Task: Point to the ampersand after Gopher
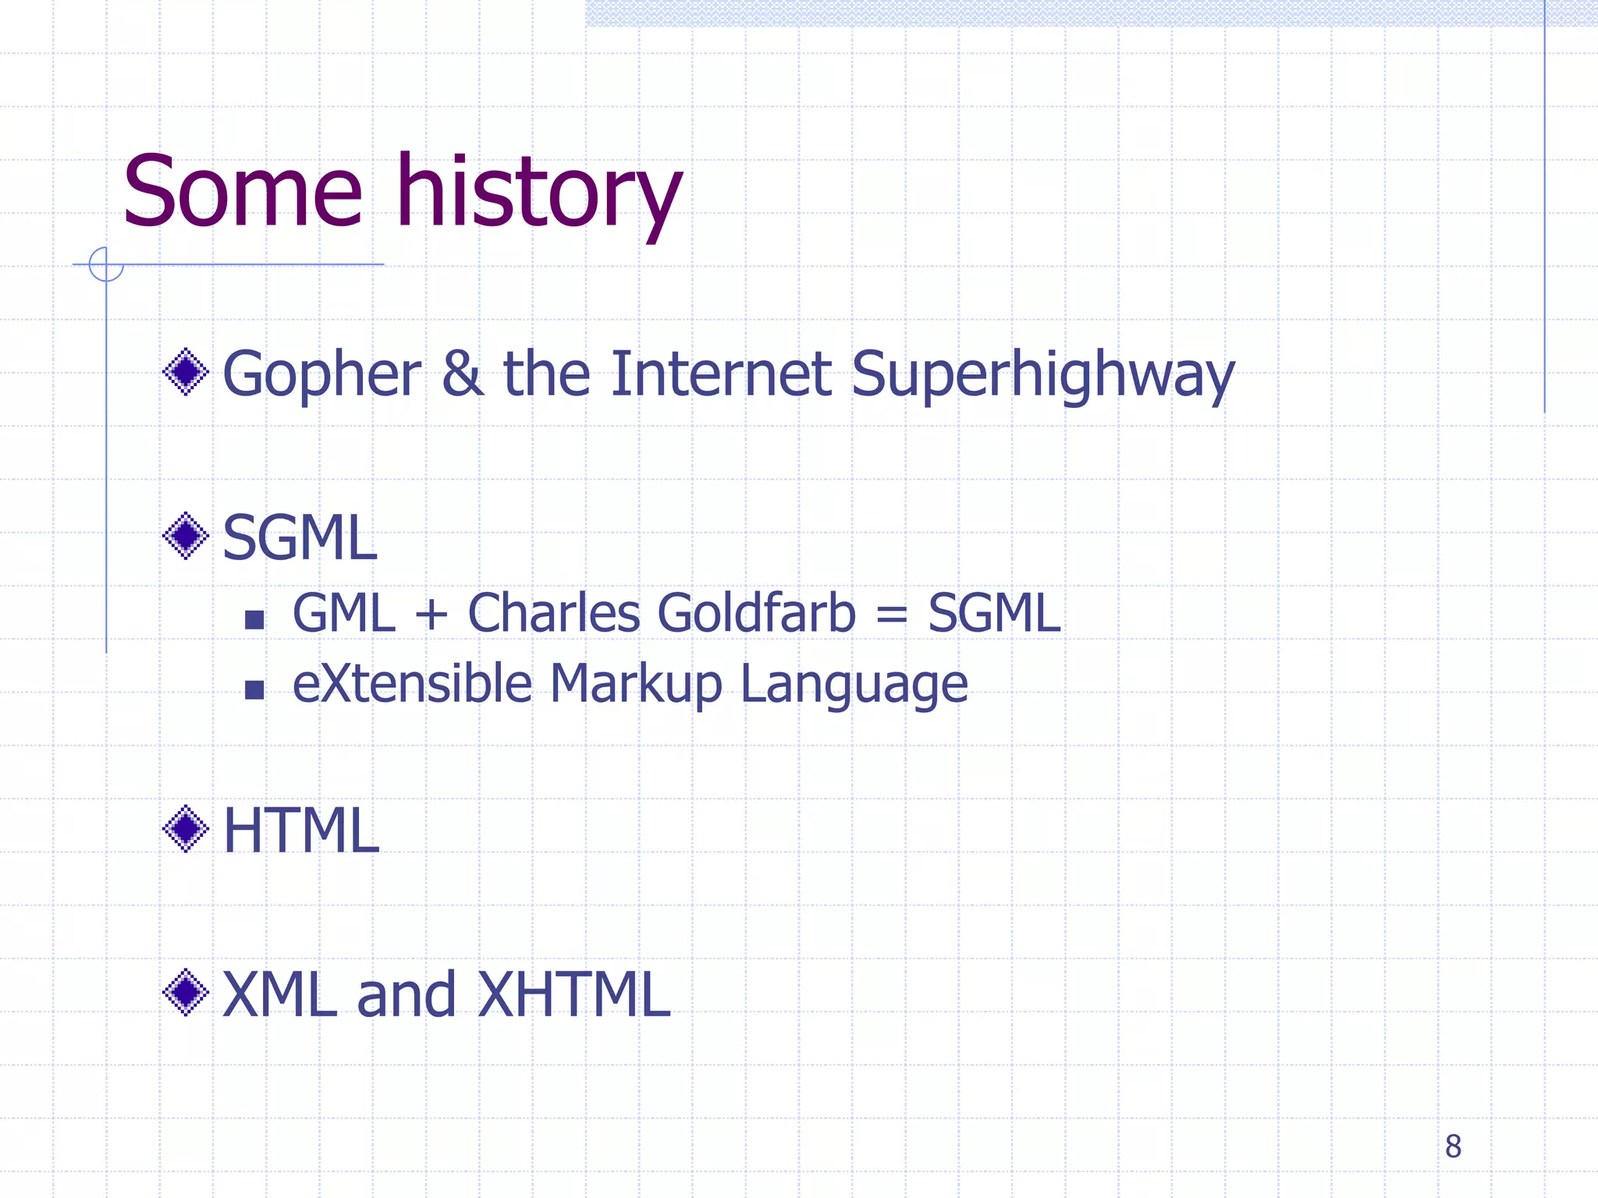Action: (462, 374)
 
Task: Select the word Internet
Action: (721, 374)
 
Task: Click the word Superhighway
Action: (1042, 376)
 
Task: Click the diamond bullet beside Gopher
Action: (186, 372)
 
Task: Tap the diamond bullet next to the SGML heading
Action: (186, 536)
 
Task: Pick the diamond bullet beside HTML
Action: (186, 828)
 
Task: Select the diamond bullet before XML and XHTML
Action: (186, 992)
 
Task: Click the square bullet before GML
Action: (254, 620)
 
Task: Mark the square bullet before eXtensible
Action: (254, 690)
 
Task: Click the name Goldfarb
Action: (756, 613)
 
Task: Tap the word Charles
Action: (553, 613)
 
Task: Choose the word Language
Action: (854, 686)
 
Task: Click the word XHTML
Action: (574, 994)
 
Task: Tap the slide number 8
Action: (1453, 1147)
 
